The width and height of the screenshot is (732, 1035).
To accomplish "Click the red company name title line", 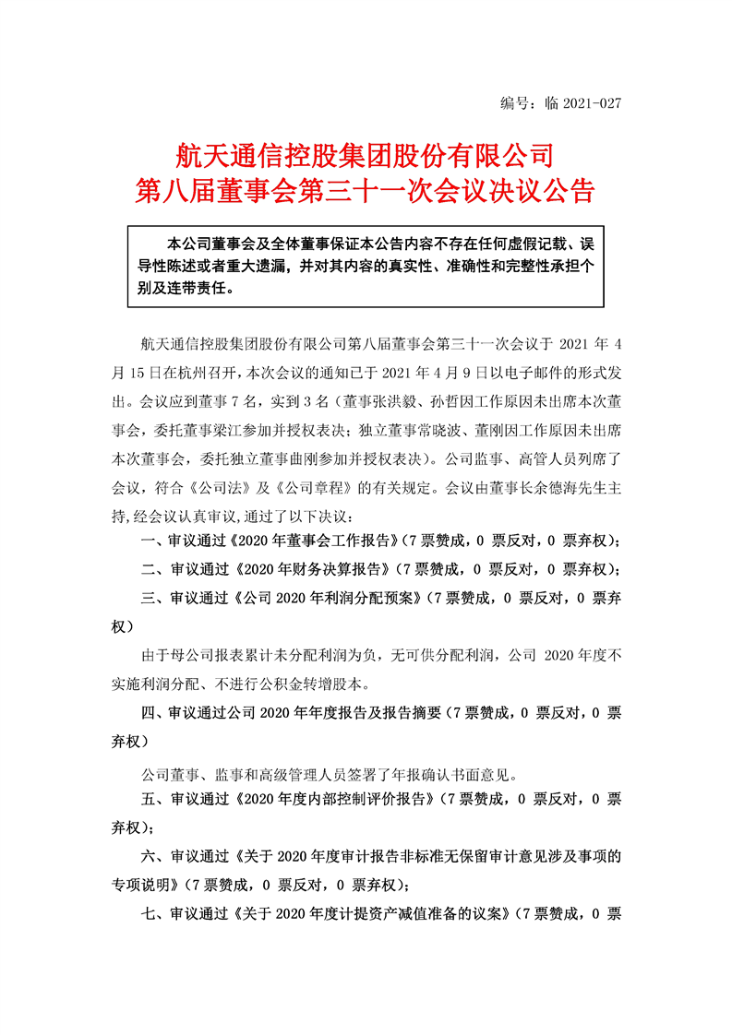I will (x=365, y=152).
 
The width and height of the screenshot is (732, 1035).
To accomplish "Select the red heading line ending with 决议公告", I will (x=365, y=191).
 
